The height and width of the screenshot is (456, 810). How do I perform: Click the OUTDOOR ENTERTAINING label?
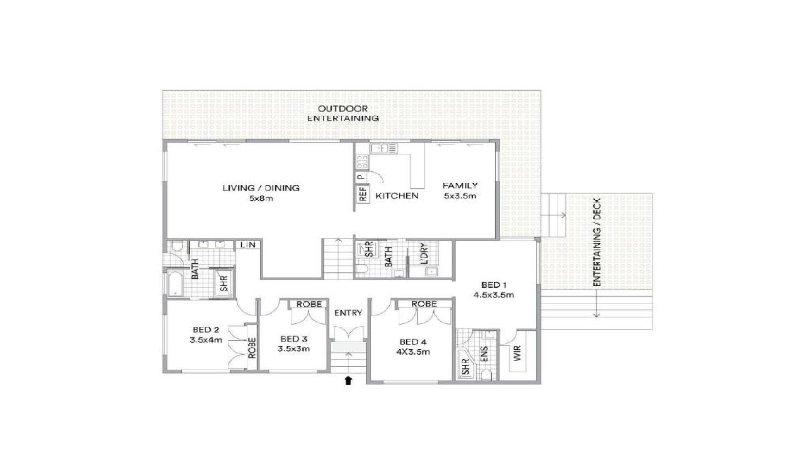coord(343,114)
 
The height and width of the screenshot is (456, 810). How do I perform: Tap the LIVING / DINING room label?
coord(261,188)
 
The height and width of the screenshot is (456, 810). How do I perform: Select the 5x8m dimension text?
coord(261,198)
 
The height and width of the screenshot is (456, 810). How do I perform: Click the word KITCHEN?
coord(397,195)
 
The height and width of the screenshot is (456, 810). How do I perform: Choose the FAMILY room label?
coord(460,185)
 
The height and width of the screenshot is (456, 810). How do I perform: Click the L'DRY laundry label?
coord(424,253)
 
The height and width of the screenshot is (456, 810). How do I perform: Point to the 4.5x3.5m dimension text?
coord(494,295)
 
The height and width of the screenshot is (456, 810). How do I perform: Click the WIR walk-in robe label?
coord(518,353)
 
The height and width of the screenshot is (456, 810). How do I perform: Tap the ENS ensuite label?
coord(484,354)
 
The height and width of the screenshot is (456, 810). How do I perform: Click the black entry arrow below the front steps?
coord(348,381)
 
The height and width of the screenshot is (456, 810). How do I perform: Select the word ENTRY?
coord(348,313)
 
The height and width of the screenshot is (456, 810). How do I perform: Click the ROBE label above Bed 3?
coord(309,304)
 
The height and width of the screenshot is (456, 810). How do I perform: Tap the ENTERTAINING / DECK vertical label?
coord(597,242)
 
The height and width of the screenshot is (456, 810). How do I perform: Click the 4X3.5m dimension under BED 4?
coord(413,352)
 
